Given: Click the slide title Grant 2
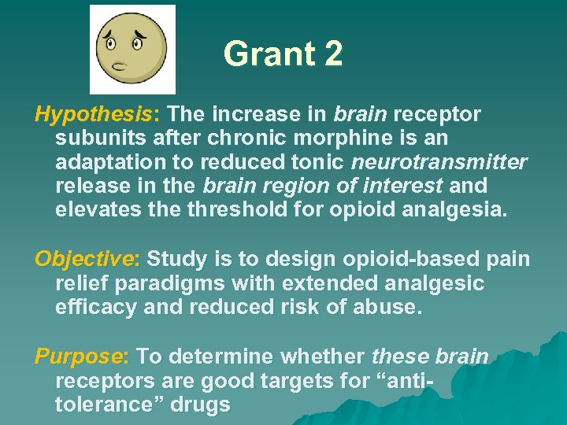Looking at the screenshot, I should click(x=283, y=54).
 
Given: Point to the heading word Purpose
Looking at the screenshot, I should click(x=78, y=357).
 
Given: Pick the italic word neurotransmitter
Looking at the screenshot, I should click(x=439, y=162).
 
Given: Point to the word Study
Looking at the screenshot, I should click(x=176, y=258).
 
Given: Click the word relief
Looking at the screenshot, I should click(x=80, y=283).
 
